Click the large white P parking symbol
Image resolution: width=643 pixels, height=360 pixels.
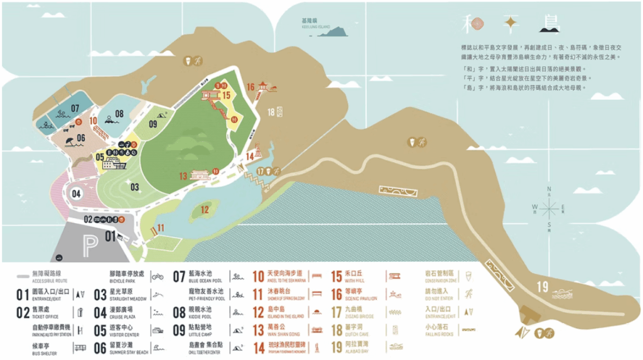click(90, 244)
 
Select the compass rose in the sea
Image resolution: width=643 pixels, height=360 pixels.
click(550, 207)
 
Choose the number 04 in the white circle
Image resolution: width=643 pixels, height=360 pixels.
click(77, 194)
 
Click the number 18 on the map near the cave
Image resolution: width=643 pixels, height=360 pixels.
click(271, 112)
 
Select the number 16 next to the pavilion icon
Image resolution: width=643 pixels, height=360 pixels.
click(251, 87)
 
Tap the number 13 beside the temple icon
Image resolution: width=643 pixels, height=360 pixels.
click(183, 176)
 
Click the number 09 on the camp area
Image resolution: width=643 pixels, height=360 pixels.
click(153, 124)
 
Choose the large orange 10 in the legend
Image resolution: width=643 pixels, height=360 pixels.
click(259, 276)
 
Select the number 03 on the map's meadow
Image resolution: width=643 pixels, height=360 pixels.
click(134, 187)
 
